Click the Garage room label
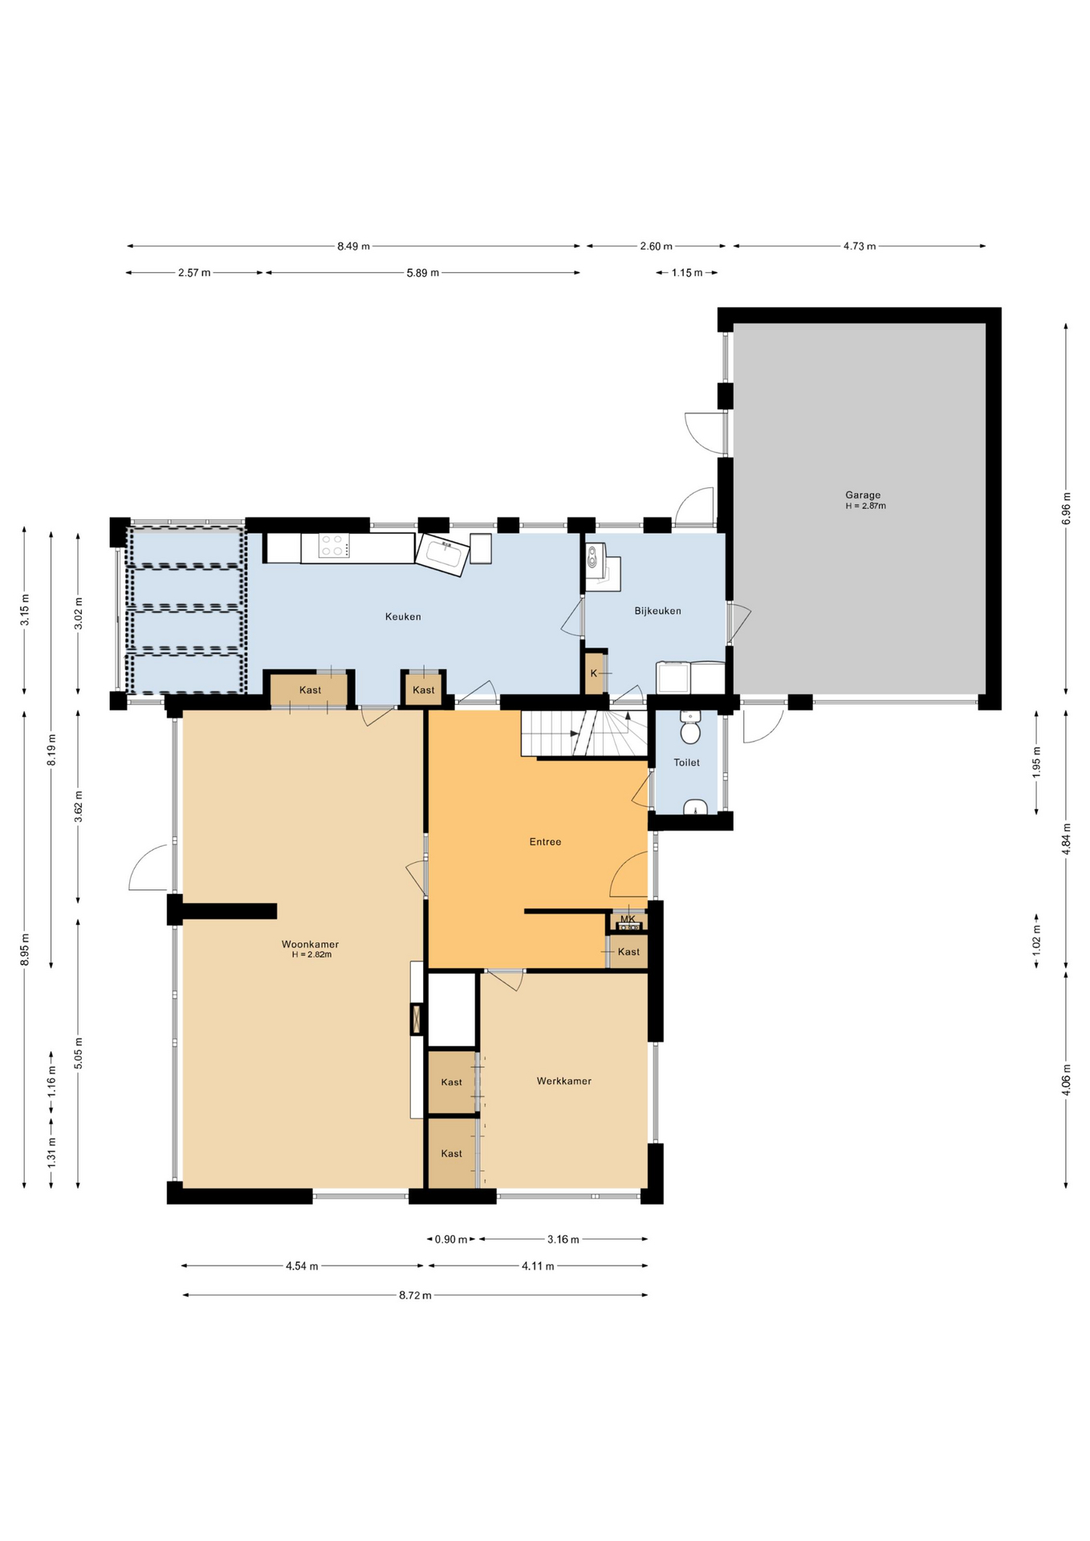(863, 495)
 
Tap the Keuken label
(403, 616)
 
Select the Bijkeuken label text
(657, 611)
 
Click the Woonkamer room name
(310, 944)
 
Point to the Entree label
(545, 842)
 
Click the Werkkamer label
(563, 1081)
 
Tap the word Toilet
(686, 762)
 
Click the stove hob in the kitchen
(334, 547)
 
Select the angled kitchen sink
(442, 554)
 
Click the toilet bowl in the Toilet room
(689, 731)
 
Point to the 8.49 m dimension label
(353, 246)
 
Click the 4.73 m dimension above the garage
(859, 246)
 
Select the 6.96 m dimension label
(1066, 508)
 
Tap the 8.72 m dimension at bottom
(415, 1295)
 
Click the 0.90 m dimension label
(451, 1239)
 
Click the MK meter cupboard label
(628, 919)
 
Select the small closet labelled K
(594, 673)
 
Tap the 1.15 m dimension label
(686, 273)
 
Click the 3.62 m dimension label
(78, 806)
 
